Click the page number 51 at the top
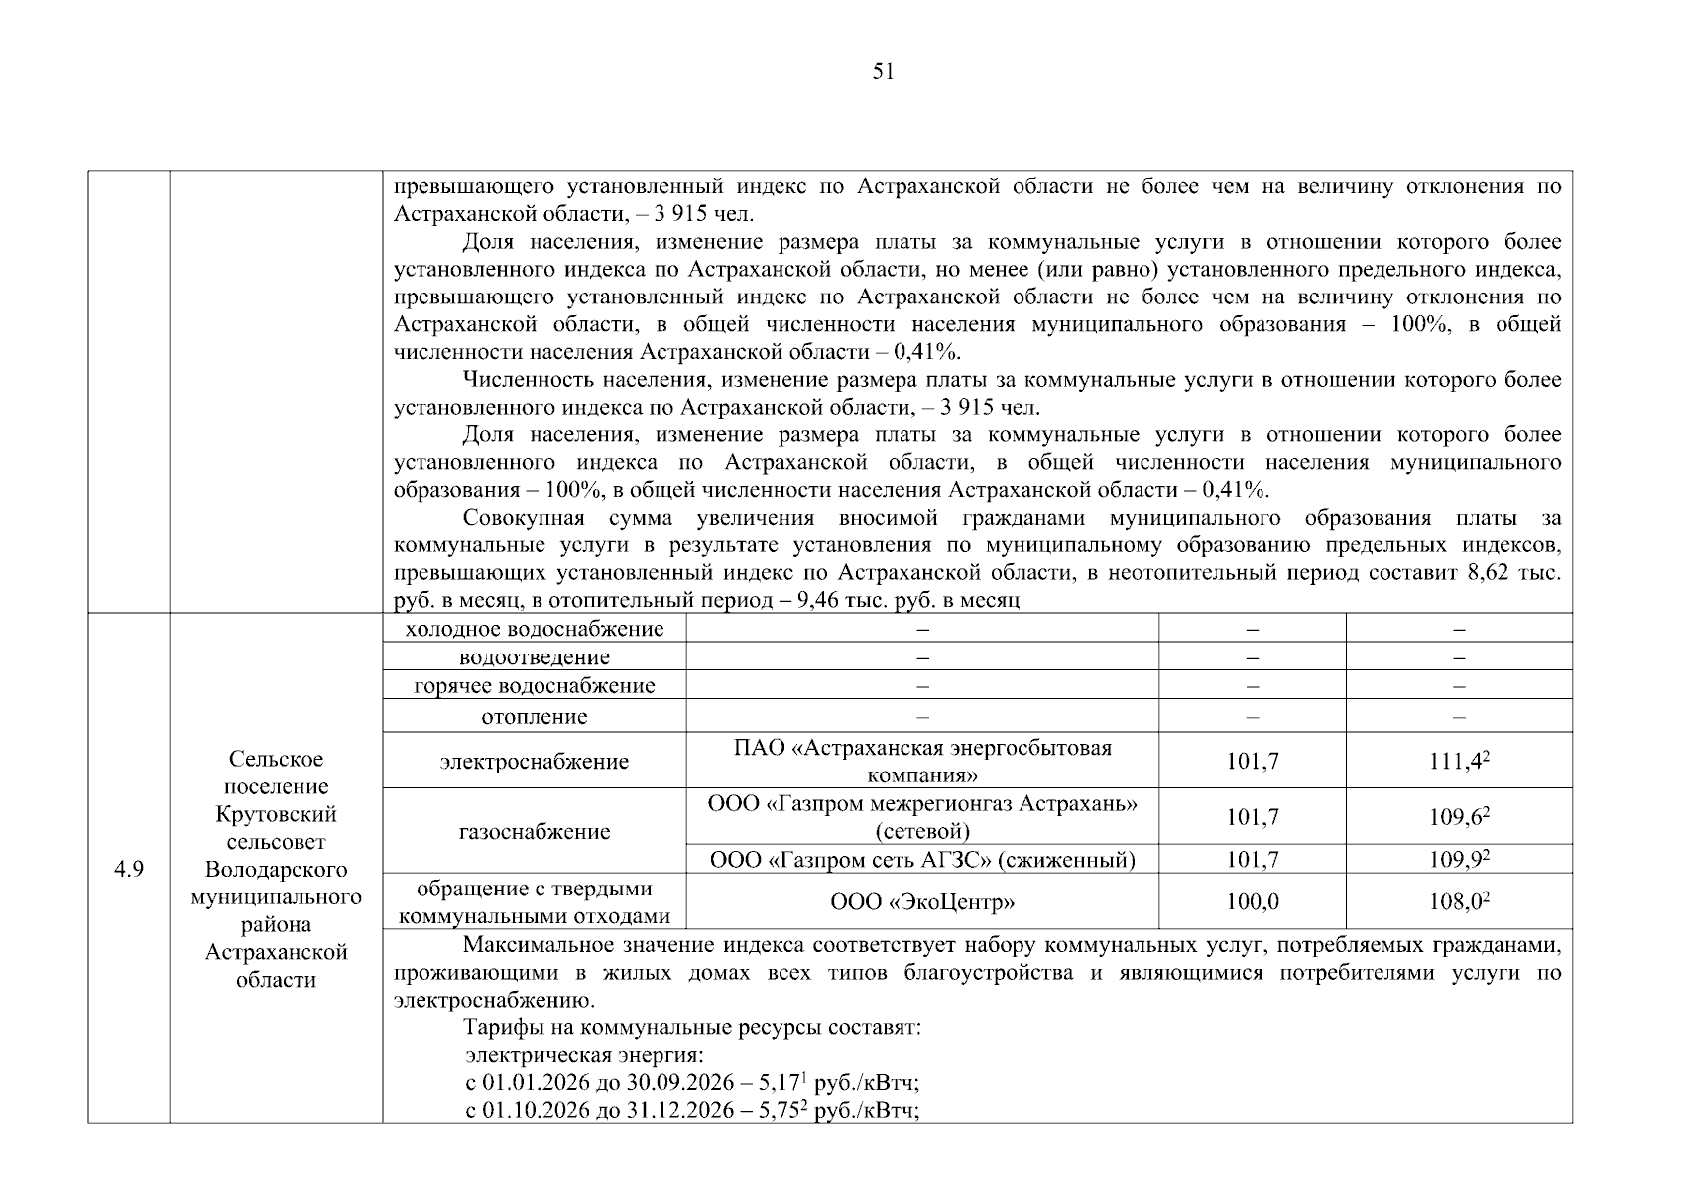[x=883, y=71]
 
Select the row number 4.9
[x=129, y=870]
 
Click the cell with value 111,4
[x=1459, y=761]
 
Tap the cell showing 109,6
[x=1459, y=817]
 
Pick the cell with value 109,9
[x=1459, y=859]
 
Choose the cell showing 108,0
[x=1459, y=901]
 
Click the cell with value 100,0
[x=1252, y=901]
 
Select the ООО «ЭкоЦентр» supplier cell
[x=922, y=901]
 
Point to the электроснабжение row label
[x=535, y=761]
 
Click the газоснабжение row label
[x=535, y=831]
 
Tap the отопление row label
[x=535, y=716]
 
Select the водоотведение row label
[x=535, y=657]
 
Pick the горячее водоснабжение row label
[x=535, y=686]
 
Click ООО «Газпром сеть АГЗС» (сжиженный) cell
[x=922, y=859]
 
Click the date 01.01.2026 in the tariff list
[x=535, y=1083]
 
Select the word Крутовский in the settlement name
[x=277, y=814]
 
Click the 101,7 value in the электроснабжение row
[x=1252, y=761]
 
